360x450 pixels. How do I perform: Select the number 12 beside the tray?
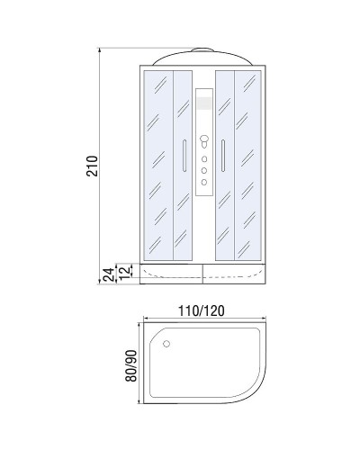127,270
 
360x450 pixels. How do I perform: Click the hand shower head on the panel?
203,141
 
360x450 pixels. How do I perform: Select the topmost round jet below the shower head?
203,157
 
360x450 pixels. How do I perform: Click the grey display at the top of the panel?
203,102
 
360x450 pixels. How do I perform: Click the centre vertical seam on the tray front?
203,274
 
